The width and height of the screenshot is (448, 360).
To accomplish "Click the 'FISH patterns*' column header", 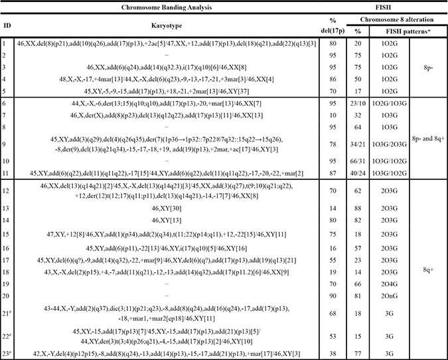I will (388, 31).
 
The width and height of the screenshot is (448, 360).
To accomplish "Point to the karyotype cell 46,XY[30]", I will (163, 208).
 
